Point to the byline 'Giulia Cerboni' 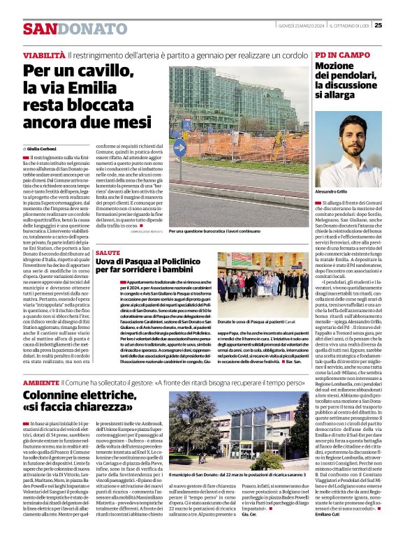click(43, 149)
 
